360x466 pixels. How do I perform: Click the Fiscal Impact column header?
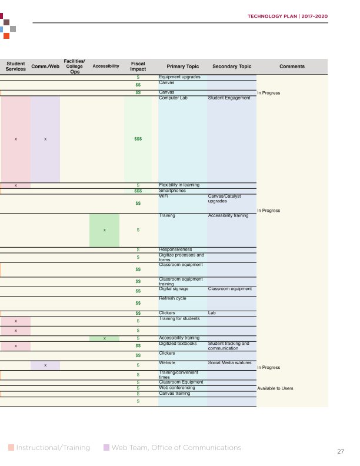point(138,66)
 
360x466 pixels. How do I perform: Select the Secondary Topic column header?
point(232,66)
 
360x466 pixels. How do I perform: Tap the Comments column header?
point(292,66)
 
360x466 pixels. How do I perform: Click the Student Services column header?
point(15,66)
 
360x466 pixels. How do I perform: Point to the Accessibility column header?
point(106,66)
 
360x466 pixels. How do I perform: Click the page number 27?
point(341,451)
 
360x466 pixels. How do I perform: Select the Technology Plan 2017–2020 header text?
point(288,16)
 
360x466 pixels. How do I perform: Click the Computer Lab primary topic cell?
point(173,98)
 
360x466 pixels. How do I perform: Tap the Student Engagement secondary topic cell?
point(229,98)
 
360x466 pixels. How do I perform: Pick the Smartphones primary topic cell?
point(172,191)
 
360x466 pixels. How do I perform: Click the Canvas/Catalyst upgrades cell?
point(224,198)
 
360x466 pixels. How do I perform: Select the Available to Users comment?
point(275,388)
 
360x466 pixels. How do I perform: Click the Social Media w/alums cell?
point(229,362)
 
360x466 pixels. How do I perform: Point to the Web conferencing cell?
point(177,388)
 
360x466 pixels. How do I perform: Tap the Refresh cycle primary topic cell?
point(172,298)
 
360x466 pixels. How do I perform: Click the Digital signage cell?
point(174,288)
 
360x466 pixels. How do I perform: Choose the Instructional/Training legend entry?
point(49,448)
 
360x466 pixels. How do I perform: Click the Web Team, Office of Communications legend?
point(172,448)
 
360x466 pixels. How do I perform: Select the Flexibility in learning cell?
point(179,185)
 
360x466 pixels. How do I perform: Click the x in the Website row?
point(45,365)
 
